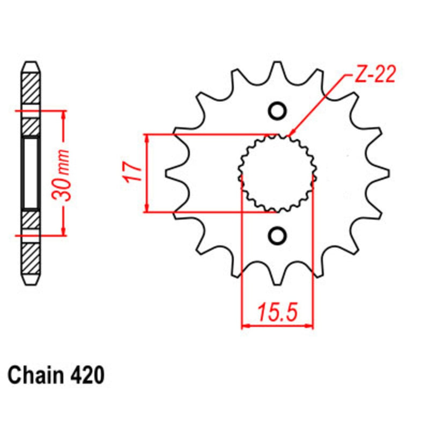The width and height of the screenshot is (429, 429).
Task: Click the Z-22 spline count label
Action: tap(375, 75)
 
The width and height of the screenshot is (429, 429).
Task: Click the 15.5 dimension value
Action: tap(277, 312)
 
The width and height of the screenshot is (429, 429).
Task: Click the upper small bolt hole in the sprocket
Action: tap(277, 111)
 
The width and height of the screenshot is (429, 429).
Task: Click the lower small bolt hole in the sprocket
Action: tap(277, 234)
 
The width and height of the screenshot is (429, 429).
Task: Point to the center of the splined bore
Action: tap(277, 173)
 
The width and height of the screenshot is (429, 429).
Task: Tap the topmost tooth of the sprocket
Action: tap(277, 69)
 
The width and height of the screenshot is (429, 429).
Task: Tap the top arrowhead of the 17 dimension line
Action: tap(146, 138)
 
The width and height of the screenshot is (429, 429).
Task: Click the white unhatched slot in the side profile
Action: tap(31, 173)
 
